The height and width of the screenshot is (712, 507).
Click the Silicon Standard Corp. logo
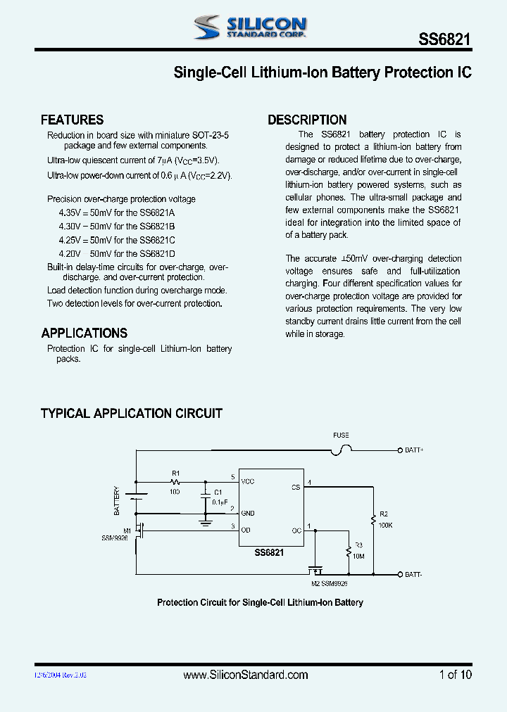point(250,27)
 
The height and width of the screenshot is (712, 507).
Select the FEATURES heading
point(72,120)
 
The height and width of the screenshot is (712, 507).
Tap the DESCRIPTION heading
point(307,120)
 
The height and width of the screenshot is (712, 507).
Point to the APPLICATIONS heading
point(84,333)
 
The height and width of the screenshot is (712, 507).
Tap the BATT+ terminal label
point(414,449)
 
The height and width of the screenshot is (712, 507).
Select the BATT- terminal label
point(413,574)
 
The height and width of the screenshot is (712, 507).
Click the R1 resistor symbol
point(175,483)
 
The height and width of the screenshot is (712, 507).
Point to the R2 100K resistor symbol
point(373,521)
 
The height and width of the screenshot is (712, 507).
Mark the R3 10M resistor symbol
point(348,551)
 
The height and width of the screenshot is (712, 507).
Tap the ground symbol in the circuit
point(205,522)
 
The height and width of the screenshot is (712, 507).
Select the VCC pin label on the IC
point(247,481)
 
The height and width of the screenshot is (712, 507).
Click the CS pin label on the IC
point(296,487)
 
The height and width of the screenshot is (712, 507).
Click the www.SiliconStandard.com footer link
point(245,675)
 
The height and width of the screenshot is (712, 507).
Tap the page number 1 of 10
point(455,675)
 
